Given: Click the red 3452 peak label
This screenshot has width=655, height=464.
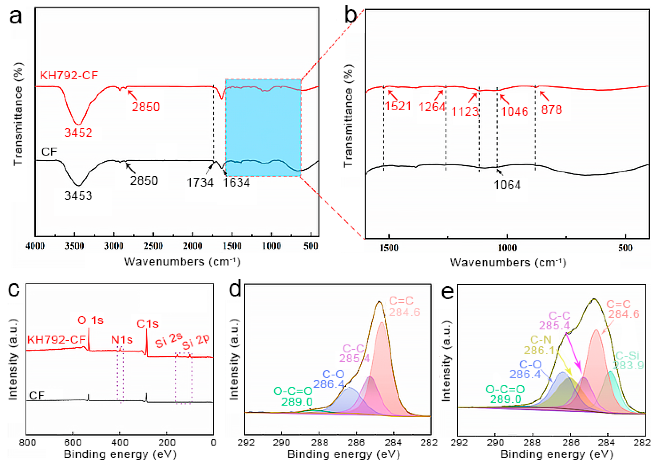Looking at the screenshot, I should [x=78, y=133].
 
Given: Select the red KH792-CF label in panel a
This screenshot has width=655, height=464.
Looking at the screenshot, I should [x=69, y=75].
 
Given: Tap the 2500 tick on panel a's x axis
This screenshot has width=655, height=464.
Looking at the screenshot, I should [x=153, y=246].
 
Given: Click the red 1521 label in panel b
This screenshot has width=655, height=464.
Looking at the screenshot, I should [x=398, y=106].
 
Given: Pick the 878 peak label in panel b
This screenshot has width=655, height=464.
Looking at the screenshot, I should [x=551, y=110].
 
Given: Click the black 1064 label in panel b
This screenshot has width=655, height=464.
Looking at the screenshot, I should [x=507, y=185].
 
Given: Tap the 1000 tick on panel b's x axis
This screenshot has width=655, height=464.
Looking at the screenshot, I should [x=507, y=248].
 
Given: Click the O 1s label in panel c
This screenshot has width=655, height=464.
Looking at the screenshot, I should [x=90, y=320].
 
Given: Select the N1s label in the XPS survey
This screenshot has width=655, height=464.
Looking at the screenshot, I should [x=122, y=340].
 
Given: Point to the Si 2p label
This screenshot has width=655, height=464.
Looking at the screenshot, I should [x=196, y=342].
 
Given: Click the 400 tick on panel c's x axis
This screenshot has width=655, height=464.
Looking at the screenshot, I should [x=119, y=443].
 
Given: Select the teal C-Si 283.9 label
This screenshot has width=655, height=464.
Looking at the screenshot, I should [x=628, y=360].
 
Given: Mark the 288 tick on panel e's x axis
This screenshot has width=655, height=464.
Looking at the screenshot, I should [x=533, y=443].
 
